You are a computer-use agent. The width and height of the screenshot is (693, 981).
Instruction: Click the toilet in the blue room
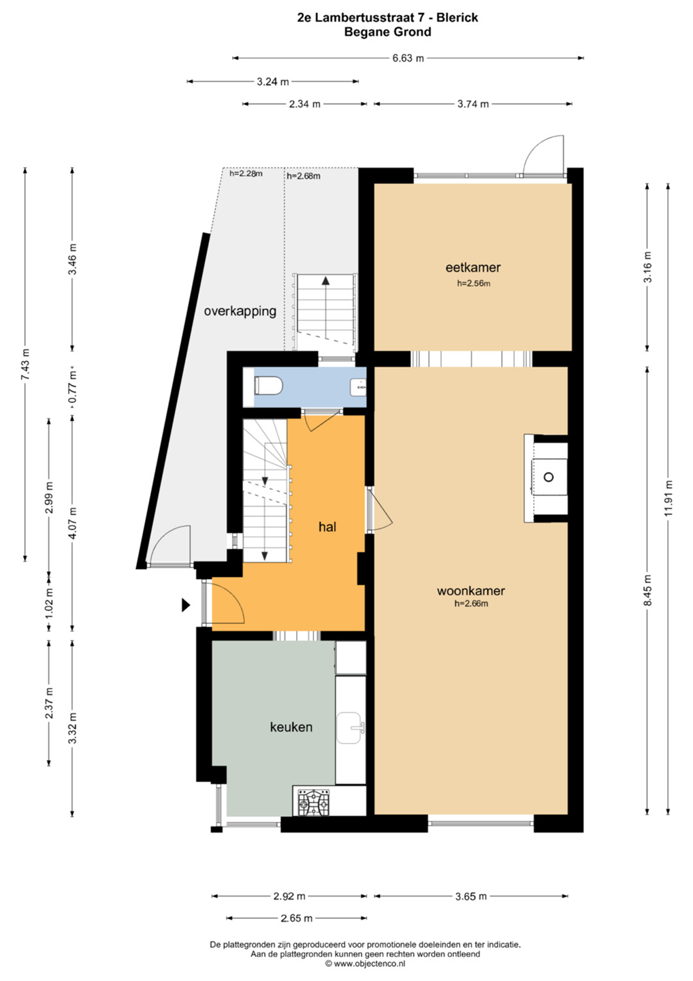click(269, 386)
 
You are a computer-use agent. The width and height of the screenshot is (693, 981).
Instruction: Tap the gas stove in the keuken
click(314, 803)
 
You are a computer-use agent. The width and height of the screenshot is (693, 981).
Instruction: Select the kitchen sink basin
click(351, 728)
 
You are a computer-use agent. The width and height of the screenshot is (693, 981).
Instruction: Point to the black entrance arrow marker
click(187, 605)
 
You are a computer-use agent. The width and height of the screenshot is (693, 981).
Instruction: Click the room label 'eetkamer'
click(473, 267)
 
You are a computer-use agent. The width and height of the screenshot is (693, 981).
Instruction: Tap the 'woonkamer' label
click(471, 591)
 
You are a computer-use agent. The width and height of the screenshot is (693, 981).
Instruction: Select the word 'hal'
click(327, 527)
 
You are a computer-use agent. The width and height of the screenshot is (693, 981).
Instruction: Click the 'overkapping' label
click(240, 312)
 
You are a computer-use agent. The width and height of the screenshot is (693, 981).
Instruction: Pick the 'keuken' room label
click(291, 728)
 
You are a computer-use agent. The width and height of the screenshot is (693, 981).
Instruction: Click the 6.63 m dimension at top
click(408, 58)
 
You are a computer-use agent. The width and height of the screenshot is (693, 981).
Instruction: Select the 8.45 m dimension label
click(648, 590)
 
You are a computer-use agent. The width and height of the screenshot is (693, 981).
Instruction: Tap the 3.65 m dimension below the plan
click(471, 897)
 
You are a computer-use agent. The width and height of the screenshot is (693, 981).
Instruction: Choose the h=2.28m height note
click(246, 174)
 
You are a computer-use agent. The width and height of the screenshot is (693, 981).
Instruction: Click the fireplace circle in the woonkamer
click(549, 477)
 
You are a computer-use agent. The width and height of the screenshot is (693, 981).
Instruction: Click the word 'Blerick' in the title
click(456, 18)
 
